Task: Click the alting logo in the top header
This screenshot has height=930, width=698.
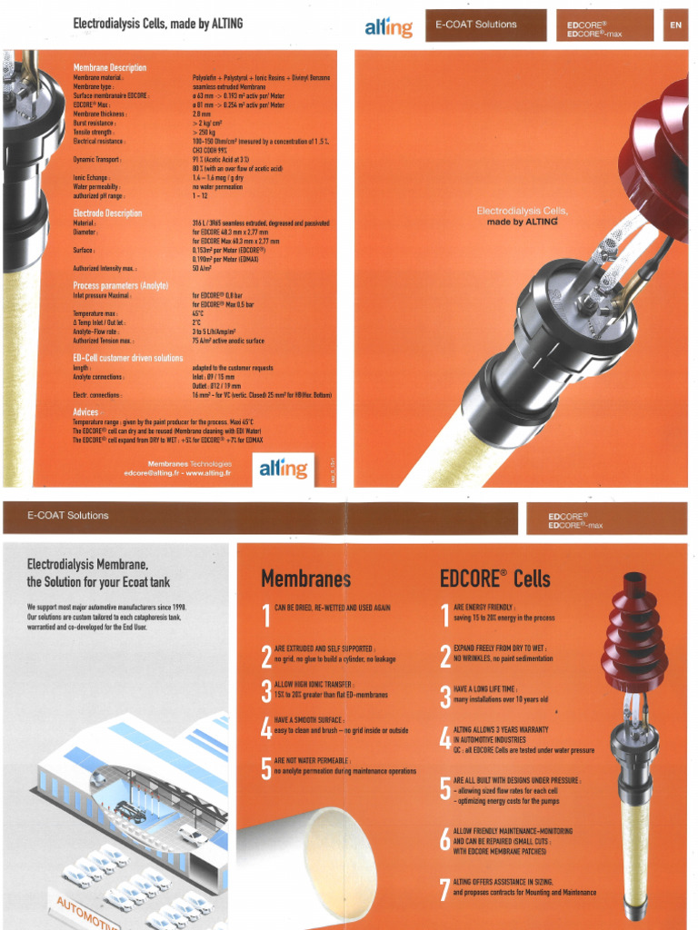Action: click(388, 27)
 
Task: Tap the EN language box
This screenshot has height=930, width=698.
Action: click(675, 25)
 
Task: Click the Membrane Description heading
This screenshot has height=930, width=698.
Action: click(109, 67)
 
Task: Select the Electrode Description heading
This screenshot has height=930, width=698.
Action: click(107, 213)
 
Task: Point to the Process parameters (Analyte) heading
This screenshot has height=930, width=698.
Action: click(121, 285)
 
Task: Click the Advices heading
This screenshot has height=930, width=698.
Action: click(85, 412)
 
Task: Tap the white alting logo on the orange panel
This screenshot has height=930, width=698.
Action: click(283, 469)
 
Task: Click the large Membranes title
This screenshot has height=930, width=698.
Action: click(305, 579)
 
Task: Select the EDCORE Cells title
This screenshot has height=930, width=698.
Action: click(494, 579)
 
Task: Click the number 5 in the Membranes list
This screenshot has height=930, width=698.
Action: click(265, 768)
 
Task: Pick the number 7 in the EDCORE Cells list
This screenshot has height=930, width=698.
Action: click(444, 888)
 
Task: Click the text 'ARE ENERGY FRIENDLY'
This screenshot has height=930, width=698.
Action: click(484, 608)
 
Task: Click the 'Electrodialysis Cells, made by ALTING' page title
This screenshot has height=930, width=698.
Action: click(157, 23)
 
